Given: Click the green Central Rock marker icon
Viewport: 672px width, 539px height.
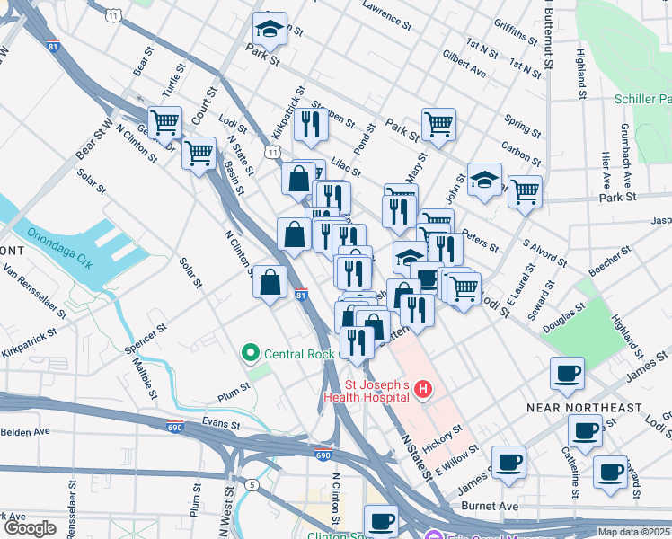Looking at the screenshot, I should point(252,353).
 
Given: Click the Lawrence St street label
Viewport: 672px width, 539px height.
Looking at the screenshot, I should point(393,12).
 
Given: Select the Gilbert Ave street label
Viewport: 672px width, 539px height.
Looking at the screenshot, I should point(464,63).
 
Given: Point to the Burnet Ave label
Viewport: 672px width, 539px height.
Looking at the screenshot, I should point(490,507).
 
